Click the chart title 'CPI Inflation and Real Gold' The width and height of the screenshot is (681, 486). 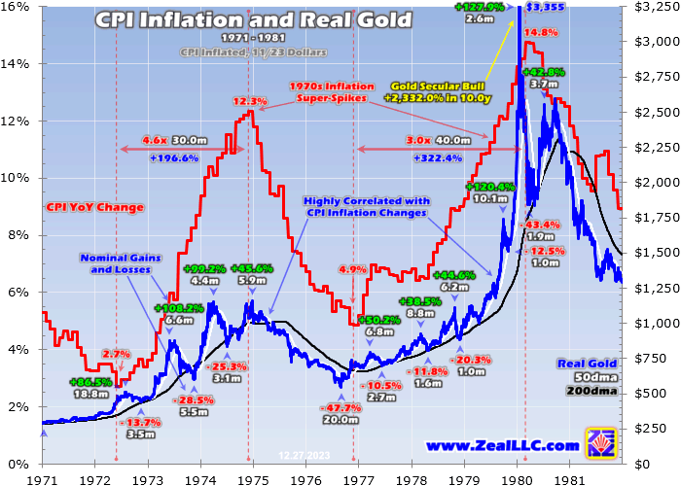click(253, 18)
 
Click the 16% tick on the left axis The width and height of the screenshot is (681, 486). click(20, 8)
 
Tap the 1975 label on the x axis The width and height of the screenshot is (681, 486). click(254, 476)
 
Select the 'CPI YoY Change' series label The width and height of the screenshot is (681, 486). click(94, 207)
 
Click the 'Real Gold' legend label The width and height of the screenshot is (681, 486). click(589, 364)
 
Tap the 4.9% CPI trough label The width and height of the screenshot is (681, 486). click(352, 269)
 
